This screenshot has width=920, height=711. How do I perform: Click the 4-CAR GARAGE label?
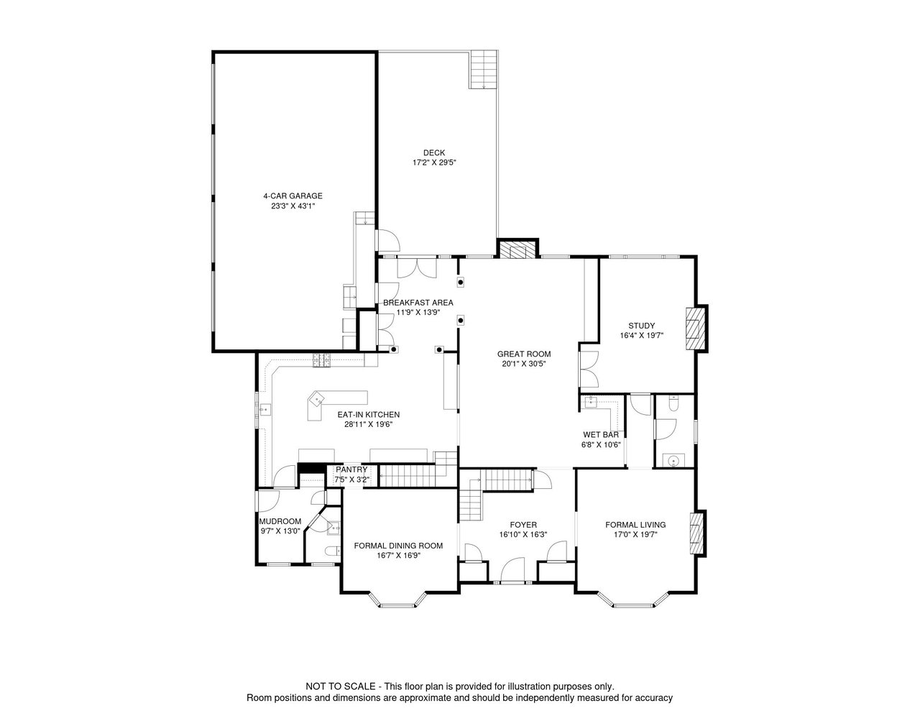293,196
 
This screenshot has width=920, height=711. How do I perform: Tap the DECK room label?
434,153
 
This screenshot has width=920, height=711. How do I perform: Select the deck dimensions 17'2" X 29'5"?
434,162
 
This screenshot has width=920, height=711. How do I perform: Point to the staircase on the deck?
483,70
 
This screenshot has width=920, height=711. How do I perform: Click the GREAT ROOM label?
524,354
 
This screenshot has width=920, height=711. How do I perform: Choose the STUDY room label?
641,326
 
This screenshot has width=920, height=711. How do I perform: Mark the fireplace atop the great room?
517,249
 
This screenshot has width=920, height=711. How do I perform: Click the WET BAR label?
601,435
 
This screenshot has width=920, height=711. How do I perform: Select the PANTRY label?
351,469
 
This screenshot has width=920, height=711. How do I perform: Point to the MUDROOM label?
280,522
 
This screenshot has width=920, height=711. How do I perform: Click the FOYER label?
523,525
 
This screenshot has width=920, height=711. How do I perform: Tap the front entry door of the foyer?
512,570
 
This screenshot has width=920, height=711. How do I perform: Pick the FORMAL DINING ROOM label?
398,546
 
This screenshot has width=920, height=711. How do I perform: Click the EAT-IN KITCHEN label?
368,415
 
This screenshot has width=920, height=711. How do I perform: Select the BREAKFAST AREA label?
418,303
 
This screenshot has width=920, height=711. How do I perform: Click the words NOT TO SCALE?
341,687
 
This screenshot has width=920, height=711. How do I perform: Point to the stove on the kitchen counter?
321,360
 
